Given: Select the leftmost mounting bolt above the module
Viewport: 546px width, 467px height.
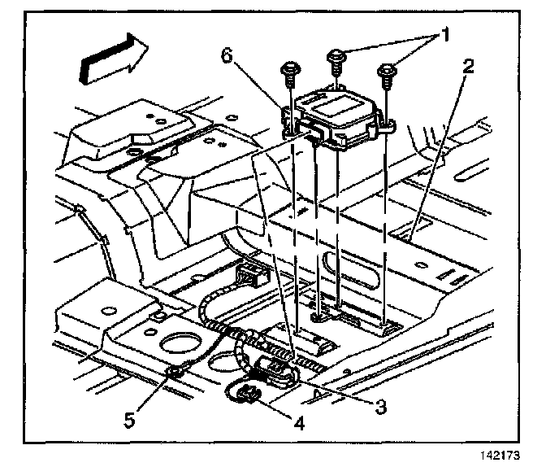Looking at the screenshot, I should pos(288,71).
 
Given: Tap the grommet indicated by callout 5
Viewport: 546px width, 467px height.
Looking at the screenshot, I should pos(172,373).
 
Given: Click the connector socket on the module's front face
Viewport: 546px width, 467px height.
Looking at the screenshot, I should pos(312,130).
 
